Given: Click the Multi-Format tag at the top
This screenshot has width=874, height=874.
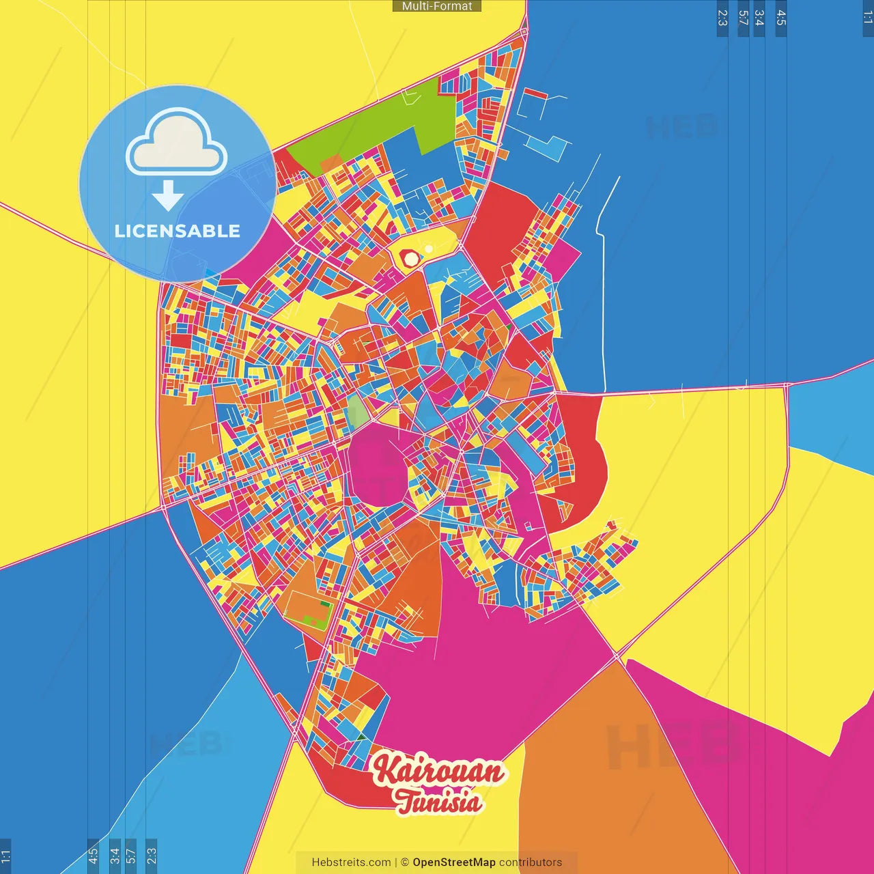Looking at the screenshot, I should pyautogui.click(x=437, y=6).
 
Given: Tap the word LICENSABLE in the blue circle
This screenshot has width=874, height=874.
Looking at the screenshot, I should pyautogui.click(x=178, y=231).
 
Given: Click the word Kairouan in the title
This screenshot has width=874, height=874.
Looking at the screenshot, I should pyautogui.click(x=438, y=771).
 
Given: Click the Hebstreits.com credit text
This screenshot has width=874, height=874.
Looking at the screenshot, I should pyautogui.click(x=351, y=862).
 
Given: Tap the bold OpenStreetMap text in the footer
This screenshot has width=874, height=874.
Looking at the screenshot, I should pyautogui.click(x=454, y=862).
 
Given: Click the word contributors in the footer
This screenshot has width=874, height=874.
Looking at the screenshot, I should pyautogui.click(x=531, y=862).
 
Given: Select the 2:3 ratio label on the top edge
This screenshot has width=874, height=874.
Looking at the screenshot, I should pyautogui.click(x=722, y=18).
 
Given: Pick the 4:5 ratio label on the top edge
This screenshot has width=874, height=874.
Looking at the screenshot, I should pyautogui.click(x=781, y=18).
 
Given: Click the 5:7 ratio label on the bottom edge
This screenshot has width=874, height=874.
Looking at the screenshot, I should pyautogui.click(x=130, y=856).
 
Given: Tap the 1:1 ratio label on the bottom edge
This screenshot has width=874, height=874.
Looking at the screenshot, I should pyautogui.click(x=5, y=856).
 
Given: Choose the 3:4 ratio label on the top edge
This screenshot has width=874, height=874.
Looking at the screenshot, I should pyautogui.click(x=759, y=18).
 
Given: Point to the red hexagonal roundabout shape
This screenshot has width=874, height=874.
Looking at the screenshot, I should pyautogui.click(x=410, y=259).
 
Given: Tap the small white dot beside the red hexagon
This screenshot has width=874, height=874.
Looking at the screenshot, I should pyautogui.click(x=428, y=249).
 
